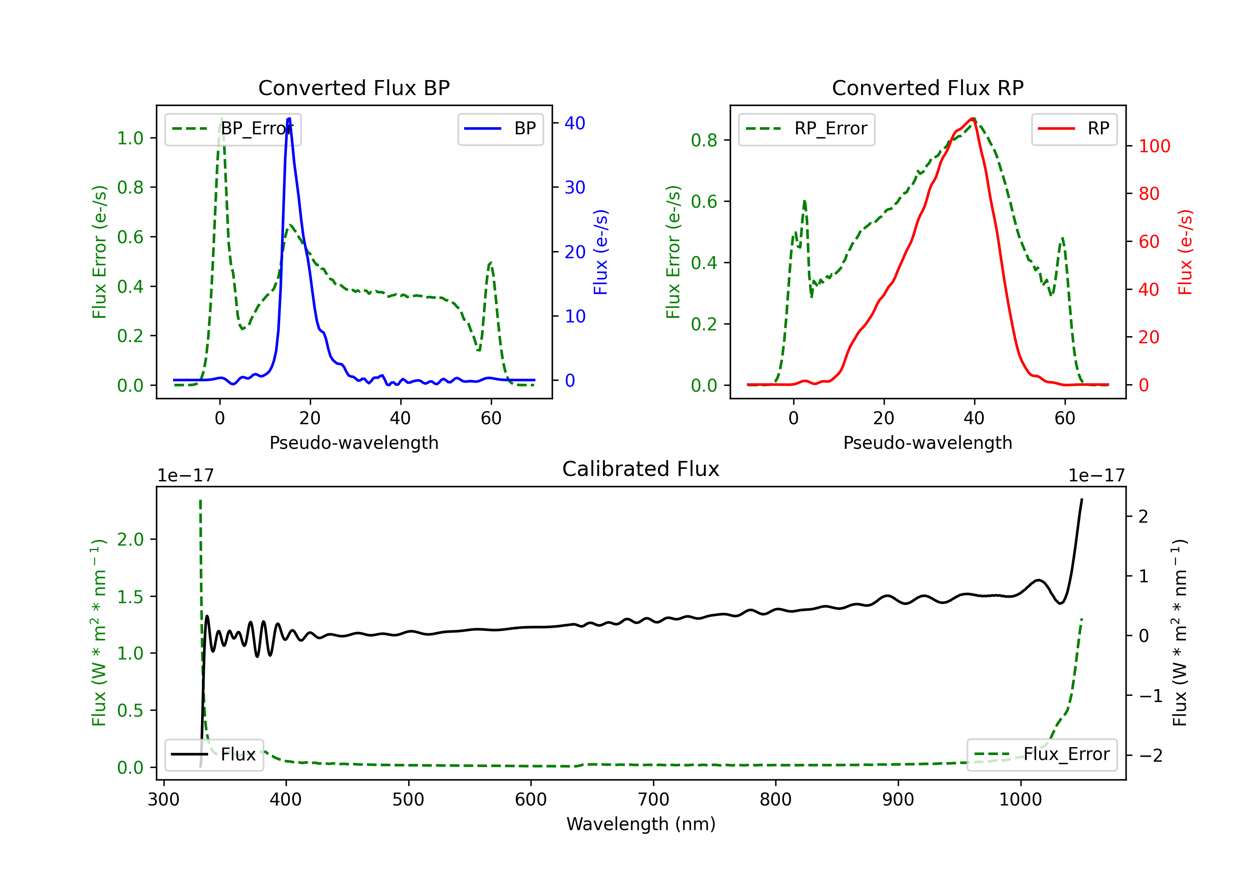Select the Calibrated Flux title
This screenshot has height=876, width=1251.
click(641, 469)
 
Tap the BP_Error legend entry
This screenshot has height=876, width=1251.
click(233, 129)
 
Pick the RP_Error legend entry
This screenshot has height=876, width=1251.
click(806, 129)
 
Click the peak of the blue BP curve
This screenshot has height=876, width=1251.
click(289, 118)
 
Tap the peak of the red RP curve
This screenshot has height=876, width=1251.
click(972, 118)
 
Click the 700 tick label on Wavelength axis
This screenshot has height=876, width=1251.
click(653, 800)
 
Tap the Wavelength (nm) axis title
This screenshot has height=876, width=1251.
click(641, 824)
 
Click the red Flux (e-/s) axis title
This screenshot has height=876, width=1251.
click(1186, 252)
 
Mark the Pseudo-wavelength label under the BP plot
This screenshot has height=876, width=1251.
click(354, 443)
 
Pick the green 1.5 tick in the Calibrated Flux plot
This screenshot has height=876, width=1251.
click(130, 597)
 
